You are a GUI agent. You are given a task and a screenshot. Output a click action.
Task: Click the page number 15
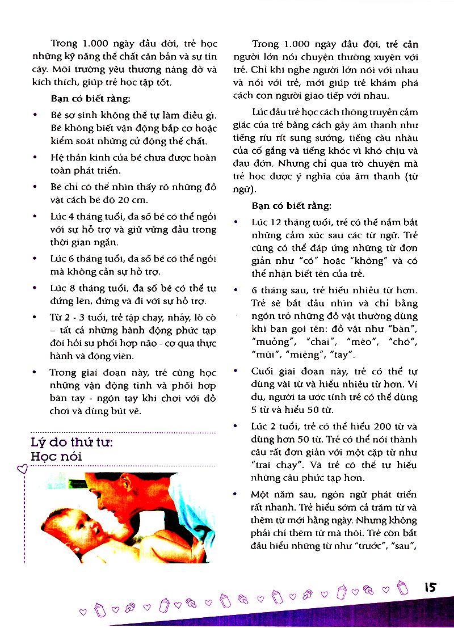pos(429,586)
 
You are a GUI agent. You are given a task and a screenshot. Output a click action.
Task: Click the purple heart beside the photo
pos(22,468)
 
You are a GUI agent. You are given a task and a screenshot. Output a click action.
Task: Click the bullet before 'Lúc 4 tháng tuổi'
pos(36,217)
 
